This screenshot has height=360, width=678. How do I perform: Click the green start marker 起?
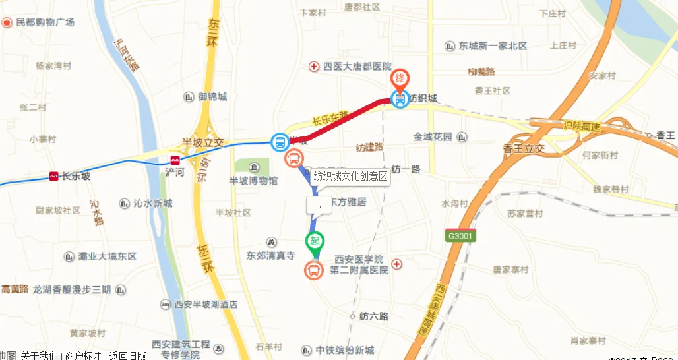point(315,242)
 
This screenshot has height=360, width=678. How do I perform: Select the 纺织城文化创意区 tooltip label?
point(352,176)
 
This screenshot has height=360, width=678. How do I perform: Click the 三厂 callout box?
point(319,204)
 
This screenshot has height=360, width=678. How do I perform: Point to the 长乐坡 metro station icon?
point(53,176)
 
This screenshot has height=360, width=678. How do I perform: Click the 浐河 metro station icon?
point(175,160)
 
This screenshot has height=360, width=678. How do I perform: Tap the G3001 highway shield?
point(461,235)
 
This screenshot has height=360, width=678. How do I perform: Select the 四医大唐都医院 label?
point(357,66)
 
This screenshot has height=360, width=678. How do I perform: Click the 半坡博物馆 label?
point(253,181)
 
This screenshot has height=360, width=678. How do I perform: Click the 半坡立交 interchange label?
point(203,142)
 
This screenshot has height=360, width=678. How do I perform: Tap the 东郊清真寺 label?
point(270,255)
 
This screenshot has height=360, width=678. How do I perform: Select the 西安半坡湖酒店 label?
point(205,305)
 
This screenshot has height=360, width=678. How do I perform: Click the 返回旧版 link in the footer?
point(127,356)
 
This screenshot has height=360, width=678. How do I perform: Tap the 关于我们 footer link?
point(39,356)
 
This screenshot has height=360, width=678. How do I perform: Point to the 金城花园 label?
point(433,136)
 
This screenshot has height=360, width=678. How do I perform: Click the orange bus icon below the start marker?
point(313,270)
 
